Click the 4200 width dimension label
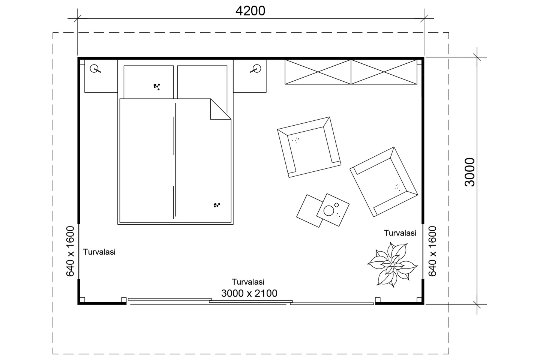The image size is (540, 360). (x=250, y=11)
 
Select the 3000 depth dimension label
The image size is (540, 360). (x=469, y=172)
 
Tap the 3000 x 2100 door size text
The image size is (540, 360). (x=249, y=293)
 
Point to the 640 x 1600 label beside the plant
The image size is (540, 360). (x=432, y=251)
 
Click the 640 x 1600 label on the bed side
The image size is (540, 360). (x=70, y=251)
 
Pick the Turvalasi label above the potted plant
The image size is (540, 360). (x=400, y=233)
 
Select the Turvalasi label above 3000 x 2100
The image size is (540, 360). (x=248, y=282)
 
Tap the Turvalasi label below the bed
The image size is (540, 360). (x=99, y=252)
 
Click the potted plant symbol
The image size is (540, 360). (x=392, y=265)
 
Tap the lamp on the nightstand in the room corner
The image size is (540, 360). (x=96, y=69)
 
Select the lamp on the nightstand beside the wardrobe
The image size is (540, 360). (x=256, y=69)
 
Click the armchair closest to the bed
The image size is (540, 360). (x=309, y=146)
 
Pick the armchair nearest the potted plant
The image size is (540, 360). (x=383, y=181)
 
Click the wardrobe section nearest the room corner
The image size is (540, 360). (x=384, y=72)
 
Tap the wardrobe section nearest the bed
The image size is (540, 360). (x=318, y=72)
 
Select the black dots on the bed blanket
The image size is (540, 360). (x=216, y=205)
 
